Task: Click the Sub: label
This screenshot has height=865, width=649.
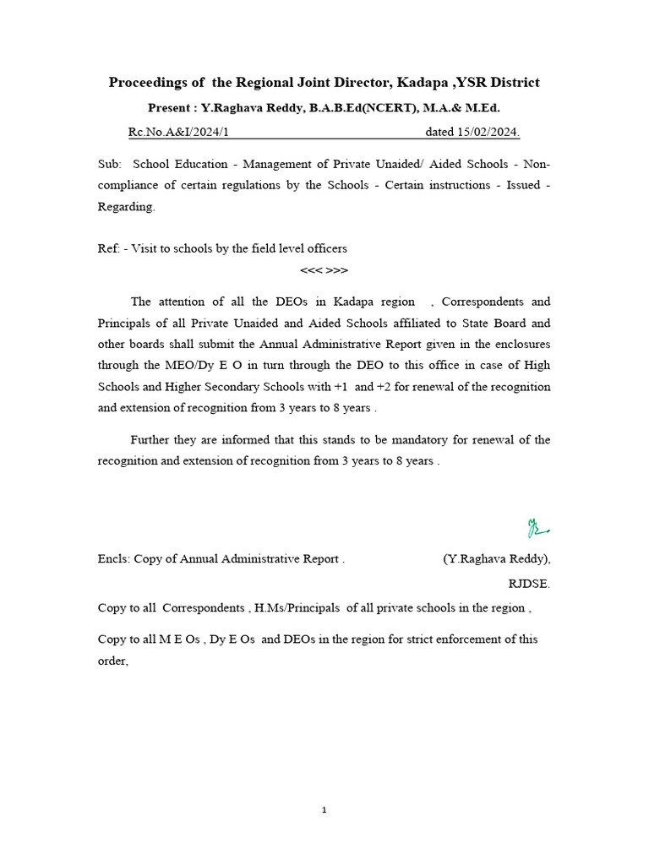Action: tap(110, 163)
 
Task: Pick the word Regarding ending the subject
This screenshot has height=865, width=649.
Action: tap(126, 207)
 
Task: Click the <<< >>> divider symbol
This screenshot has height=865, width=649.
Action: tap(324, 270)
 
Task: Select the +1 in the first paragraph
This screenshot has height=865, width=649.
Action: tap(339, 386)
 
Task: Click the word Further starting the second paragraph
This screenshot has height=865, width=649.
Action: tap(153, 439)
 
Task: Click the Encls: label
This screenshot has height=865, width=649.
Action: tap(113, 558)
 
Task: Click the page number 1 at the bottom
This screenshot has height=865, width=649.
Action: tap(324, 810)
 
